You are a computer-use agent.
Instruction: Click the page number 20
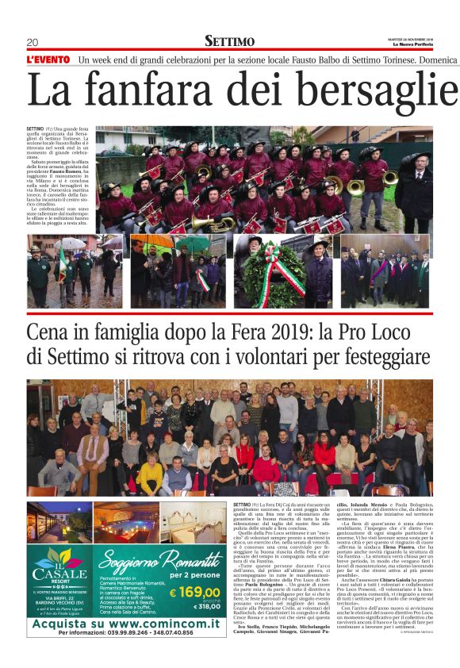tap(33, 42)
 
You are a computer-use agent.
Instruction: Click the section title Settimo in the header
tap(230, 41)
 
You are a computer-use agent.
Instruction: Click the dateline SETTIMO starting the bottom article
tap(242, 504)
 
